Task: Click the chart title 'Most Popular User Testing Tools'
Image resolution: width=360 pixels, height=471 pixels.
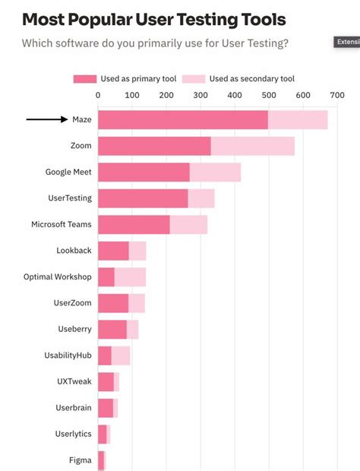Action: coord(154,19)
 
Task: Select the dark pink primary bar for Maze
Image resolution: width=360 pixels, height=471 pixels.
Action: coord(182,120)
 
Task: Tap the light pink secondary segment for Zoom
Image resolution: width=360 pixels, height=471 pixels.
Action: coord(252,146)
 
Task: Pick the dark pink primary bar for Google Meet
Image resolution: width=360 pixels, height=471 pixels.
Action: coord(144,172)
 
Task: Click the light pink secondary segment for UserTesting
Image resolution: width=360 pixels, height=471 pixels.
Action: coord(201,198)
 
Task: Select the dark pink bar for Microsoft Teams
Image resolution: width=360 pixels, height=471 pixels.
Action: coord(134,225)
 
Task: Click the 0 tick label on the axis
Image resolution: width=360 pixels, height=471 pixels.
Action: coord(98,95)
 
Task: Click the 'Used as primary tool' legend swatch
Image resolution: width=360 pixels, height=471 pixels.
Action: coord(84,78)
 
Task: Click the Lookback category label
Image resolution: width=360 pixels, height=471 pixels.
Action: coord(74,251)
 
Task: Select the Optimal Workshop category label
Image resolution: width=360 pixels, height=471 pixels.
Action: coord(58,277)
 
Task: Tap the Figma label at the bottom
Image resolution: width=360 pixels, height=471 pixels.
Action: coord(80,460)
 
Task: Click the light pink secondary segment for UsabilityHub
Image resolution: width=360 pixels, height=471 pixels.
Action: coord(121,356)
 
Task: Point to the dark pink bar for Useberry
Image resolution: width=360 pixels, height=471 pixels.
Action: coord(112,329)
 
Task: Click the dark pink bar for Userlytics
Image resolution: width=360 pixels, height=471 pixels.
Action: coord(103,434)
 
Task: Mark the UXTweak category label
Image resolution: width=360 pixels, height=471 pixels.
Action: coord(74,381)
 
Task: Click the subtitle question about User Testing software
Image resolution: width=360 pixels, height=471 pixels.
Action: coord(155,43)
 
